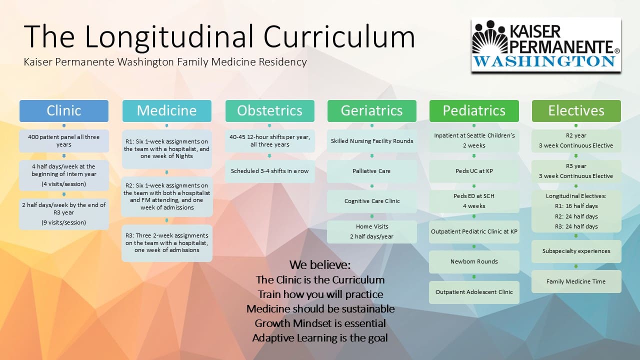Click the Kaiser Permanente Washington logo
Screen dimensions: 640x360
coord(546,44)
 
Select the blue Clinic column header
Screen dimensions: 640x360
coord(64,111)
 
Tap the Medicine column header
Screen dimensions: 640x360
coord(167,111)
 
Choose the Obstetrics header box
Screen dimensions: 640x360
coord(269,111)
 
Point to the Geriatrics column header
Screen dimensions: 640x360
coord(371,111)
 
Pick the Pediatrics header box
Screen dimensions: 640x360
coord(474,111)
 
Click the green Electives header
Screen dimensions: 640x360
coord(576,111)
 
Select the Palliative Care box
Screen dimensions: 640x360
coord(371,171)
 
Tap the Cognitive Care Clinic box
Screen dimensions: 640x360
coord(371,201)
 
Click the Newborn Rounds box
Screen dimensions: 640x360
coord(474,261)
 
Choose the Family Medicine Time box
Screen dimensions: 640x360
coord(576,281)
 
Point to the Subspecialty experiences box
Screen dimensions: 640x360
coord(576,251)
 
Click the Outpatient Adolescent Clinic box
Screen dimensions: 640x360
coord(474,292)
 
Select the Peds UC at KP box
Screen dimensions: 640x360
coord(474,171)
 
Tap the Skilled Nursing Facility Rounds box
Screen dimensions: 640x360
coord(371,141)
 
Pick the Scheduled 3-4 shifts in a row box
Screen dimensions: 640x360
coord(269,171)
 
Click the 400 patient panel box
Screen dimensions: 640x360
coord(64,141)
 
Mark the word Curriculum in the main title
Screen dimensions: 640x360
coord(339,36)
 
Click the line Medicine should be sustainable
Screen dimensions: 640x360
coord(320,309)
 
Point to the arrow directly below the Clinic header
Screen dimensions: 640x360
coord(64,125)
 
